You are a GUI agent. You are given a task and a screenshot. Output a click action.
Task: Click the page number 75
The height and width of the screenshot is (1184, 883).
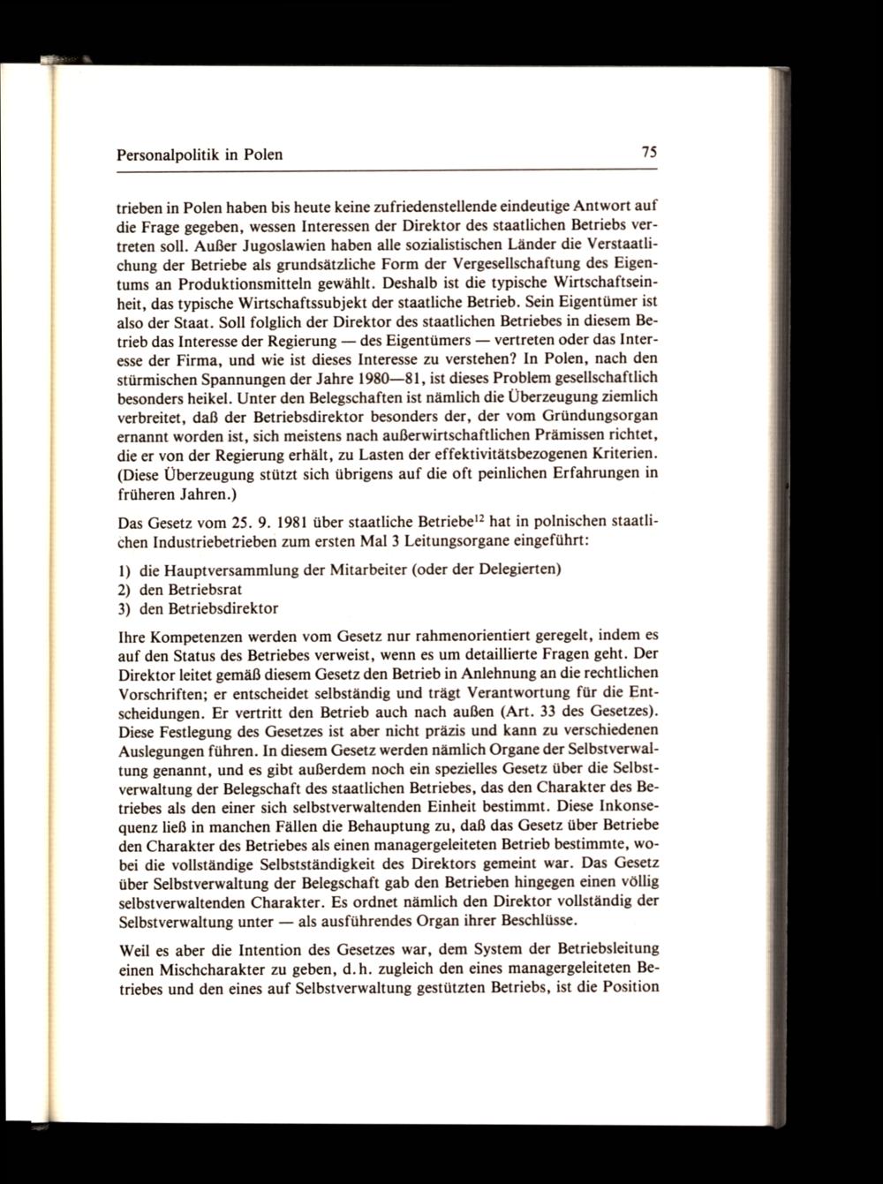coord(649,152)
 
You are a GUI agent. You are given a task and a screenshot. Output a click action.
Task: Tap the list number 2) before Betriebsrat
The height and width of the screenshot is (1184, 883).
coord(125,588)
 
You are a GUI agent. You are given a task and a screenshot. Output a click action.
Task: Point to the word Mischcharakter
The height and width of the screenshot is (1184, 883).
coord(211,968)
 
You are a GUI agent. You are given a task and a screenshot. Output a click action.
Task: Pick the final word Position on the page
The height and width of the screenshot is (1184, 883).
coord(624,985)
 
